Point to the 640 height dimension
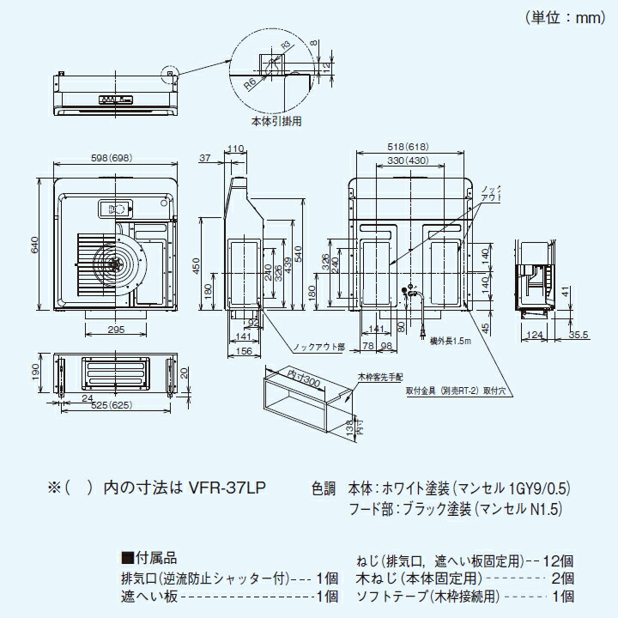tap(35, 245)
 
